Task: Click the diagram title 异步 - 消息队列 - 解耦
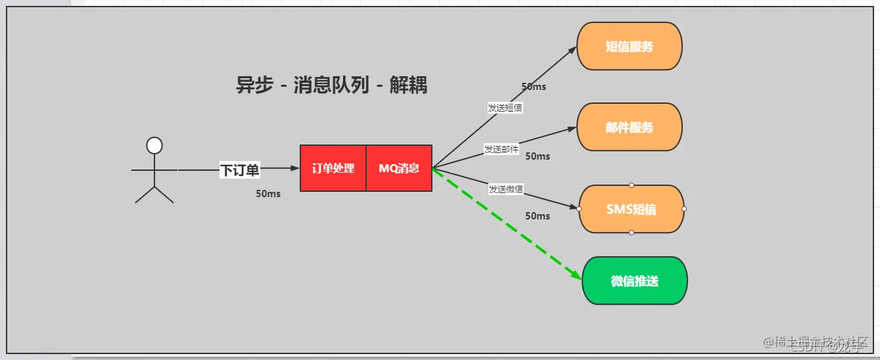(x=331, y=85)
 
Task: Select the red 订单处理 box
(x=333, y=168)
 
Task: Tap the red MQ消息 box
(x=399, y=168)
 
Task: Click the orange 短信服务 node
(x=630, y=47)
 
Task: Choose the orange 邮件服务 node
(x=630, y=127)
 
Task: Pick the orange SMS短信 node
(x=632, y=210)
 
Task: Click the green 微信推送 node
(x=634, y=281)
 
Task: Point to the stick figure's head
(x=154, y=145)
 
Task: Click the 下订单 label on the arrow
(x=240, y=171)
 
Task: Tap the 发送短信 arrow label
(x=505, y=108)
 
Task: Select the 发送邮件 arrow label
(x=501, y=149)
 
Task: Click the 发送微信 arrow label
(x=505, y=189)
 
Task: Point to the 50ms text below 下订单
(x=268, y=194)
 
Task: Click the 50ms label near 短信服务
(x=534, y=87)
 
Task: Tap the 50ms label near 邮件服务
(x=538, y=156)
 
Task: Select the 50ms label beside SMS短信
(x=538, y=216)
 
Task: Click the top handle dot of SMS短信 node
(x=632, y=185)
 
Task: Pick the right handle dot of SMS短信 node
(x=684, y=209)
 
